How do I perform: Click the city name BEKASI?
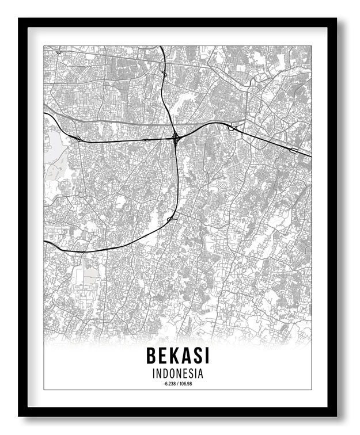pyautogui.click(x=177, y=356)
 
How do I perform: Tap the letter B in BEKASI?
pyautogui.click(x=152, y=356)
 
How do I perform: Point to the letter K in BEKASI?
pyautogui.click(x=173, y=356)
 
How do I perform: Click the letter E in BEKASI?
pyautogui.click(x=162, y=356)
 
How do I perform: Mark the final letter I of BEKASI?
pyautogui.click(x=205, y=356)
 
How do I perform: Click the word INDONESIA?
pyautogui.click(x=177, y=373)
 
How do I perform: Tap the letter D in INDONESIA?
pyautogui.click(x=165, y=373)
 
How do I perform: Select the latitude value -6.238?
pyautogui.click(x=169, y=383)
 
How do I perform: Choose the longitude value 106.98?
pyautogui.click(x=185, y=383)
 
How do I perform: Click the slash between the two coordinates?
pyautogui.click(x=177, y=383)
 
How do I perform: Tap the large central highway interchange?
pyautogui.click(x=175, y=137)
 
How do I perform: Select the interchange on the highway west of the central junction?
pyautogui.click(x=78, y=138)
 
